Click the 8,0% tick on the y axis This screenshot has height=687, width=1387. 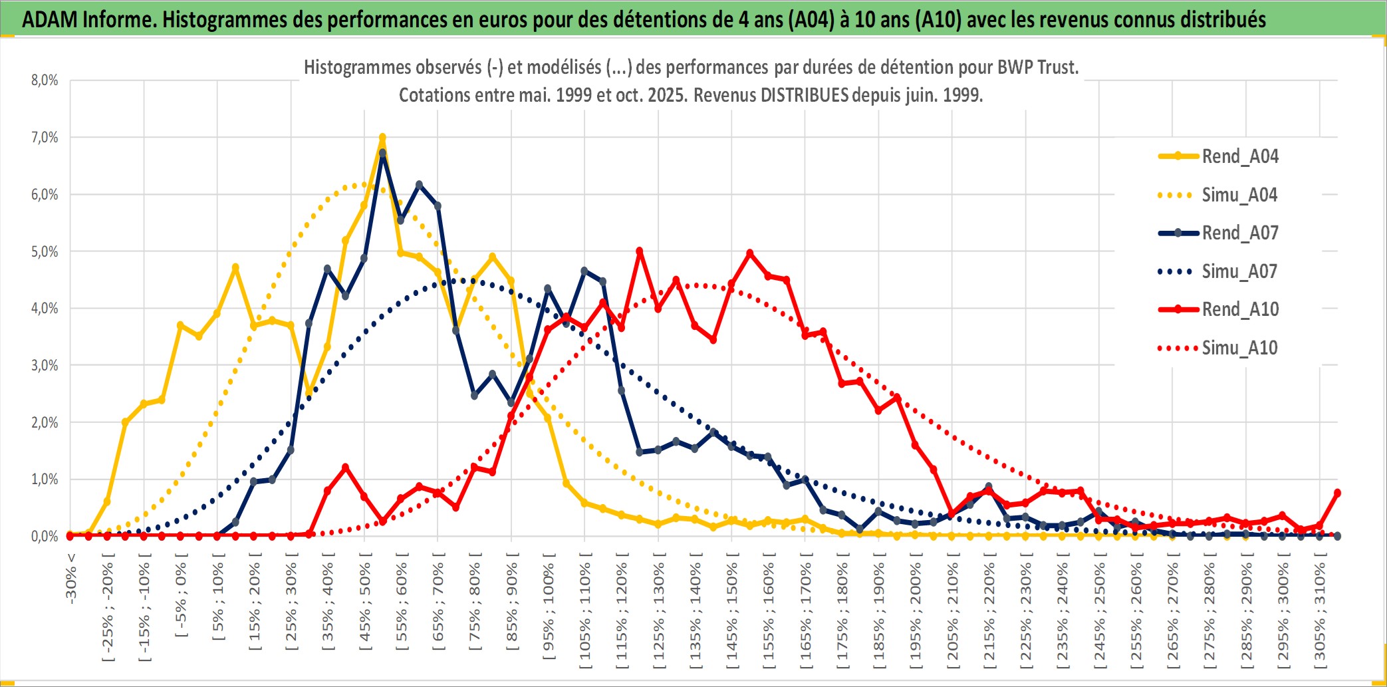click(x=45, y=80)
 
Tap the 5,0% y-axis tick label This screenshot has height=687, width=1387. click(x=45, y=251)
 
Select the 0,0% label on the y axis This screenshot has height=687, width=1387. click(x=45, y=536)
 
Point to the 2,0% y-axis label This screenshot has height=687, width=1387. click(x=45, y=422)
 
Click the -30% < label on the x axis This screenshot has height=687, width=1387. click(x=71, y=579)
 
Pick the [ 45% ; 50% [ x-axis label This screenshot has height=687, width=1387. click(x=365, y=605)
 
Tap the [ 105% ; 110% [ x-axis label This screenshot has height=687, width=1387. click(x=585, y=612)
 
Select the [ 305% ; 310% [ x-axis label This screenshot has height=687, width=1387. click(x=1320, y=612)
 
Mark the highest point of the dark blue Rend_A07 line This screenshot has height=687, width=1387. click(x=382, y=153)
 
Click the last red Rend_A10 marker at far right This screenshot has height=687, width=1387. click(x=1337, y=493)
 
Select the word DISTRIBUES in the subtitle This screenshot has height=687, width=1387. click(x=805, y=95)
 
